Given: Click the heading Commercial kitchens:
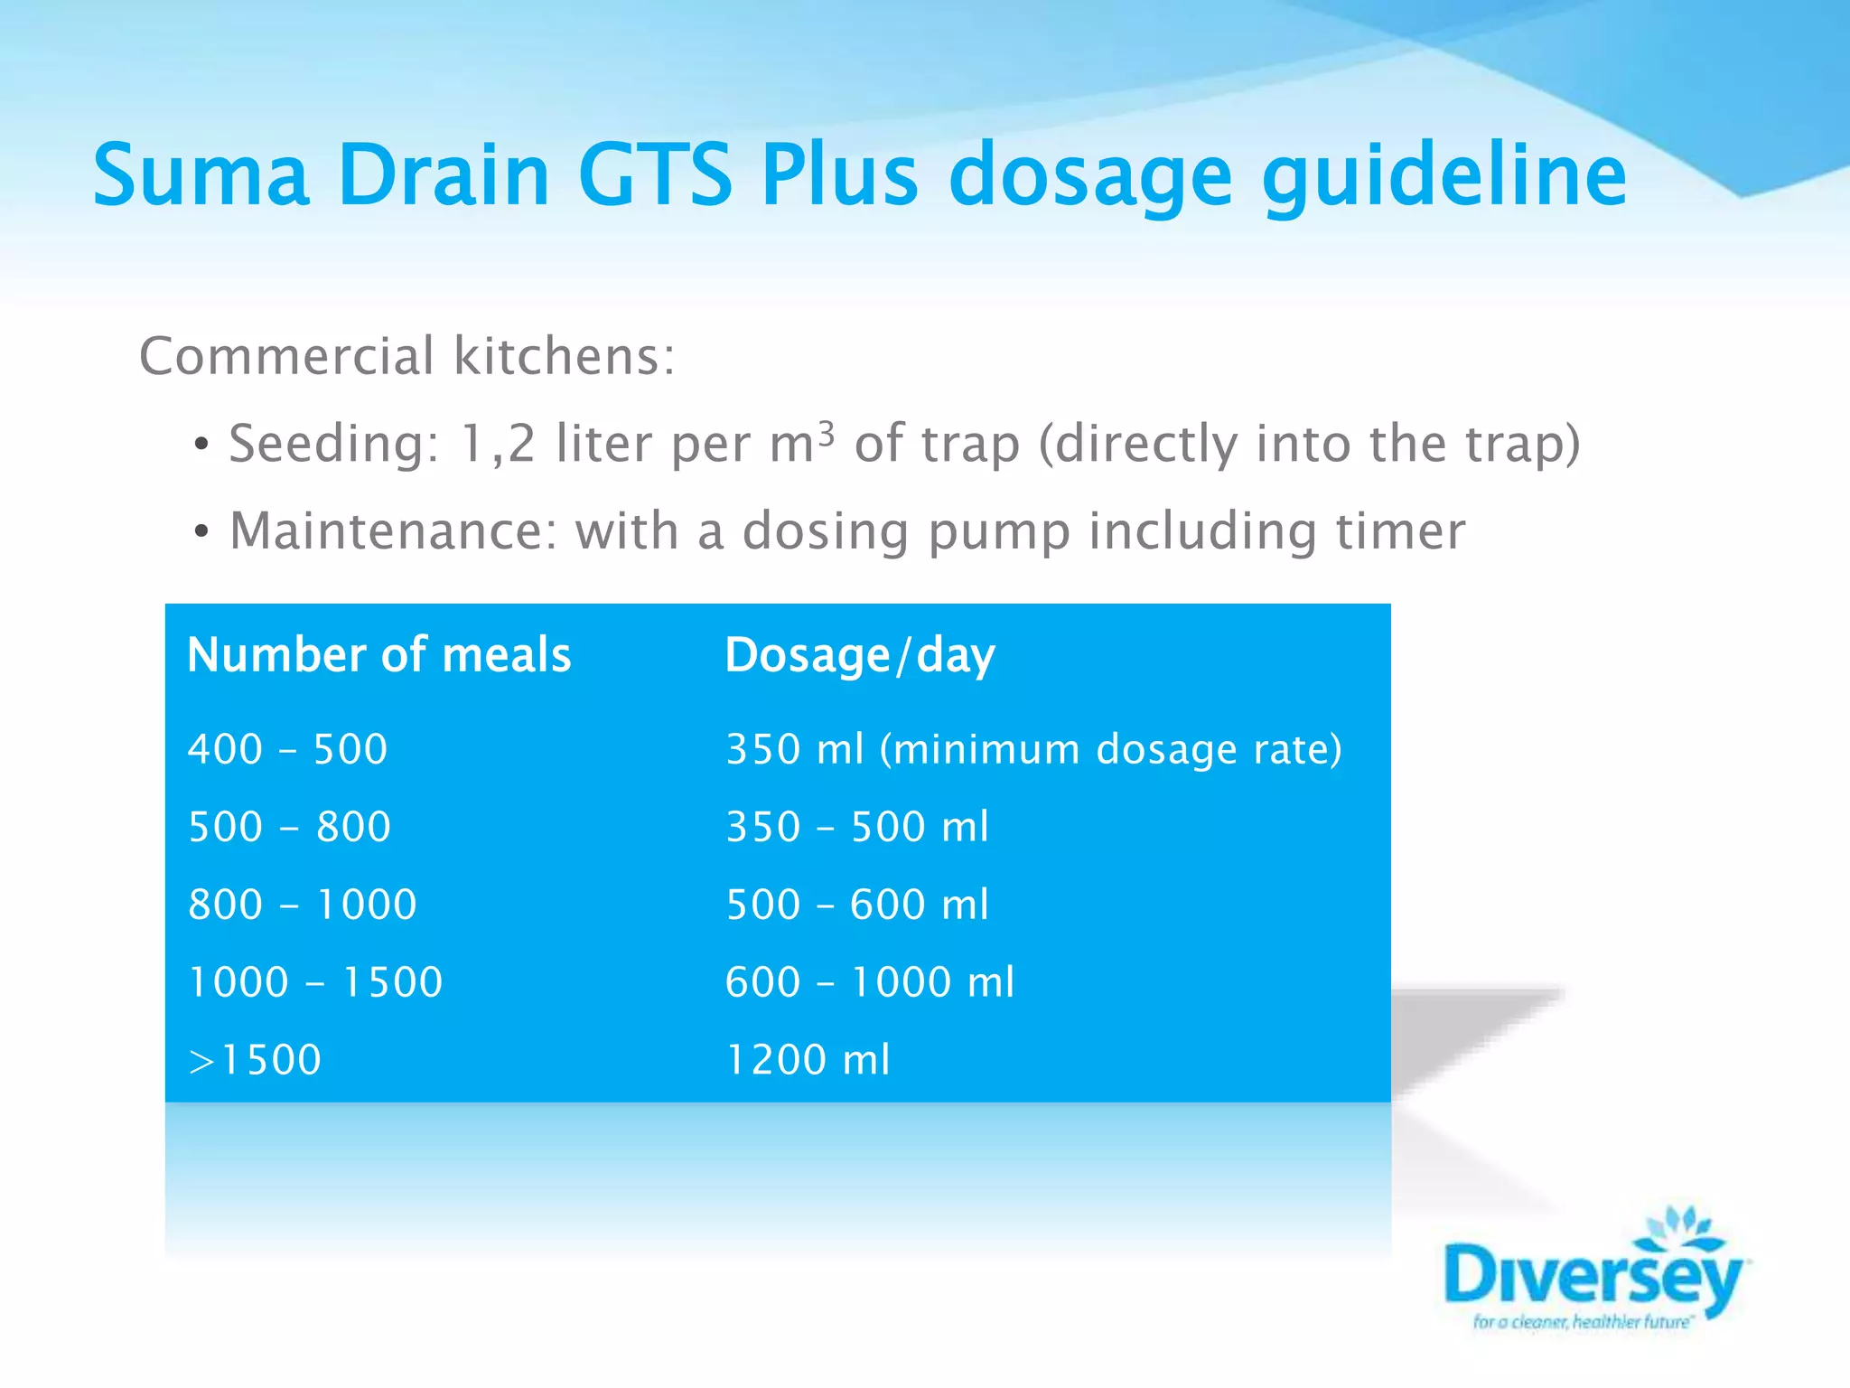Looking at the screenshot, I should pos(407,356).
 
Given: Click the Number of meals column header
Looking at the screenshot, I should pos(379,655).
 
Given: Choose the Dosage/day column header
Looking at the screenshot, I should pos(860,655).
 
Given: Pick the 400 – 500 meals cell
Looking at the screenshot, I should pos(288,749).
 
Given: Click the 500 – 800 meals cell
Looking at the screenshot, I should pos(290,827).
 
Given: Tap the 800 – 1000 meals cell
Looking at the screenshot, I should pos(303,905).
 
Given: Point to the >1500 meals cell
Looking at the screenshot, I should pos(255,1060).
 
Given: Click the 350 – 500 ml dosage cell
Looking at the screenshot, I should pos(857,827).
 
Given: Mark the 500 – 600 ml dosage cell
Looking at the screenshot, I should pos(857,905).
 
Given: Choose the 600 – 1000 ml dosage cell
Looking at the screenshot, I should pos(870,982).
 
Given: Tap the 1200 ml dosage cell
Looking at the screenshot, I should pos(808,1060).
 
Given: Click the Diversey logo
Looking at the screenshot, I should pos(1595,1274).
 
